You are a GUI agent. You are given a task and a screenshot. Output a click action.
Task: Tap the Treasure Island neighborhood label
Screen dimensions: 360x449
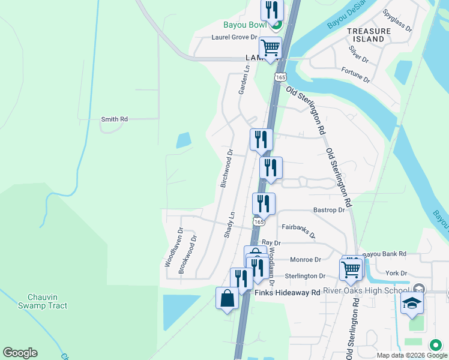click(365, 34)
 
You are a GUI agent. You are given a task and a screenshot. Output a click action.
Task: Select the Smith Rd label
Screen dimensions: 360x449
click(114, 119)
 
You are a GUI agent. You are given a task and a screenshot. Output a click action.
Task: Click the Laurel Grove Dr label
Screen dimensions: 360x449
click(234, 37)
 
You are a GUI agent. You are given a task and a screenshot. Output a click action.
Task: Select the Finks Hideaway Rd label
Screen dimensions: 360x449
click(288, 293)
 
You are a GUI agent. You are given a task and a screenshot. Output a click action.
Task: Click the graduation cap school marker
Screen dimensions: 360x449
click(412, 304)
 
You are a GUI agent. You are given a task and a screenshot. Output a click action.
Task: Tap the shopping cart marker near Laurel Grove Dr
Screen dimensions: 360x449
click(270, 47)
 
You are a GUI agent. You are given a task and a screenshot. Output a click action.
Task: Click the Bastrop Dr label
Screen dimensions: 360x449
click(329, 210)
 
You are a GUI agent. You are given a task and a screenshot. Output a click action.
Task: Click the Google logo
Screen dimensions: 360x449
click(20, 353)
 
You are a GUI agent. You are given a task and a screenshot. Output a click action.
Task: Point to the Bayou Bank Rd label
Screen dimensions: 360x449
click(384, 254)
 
